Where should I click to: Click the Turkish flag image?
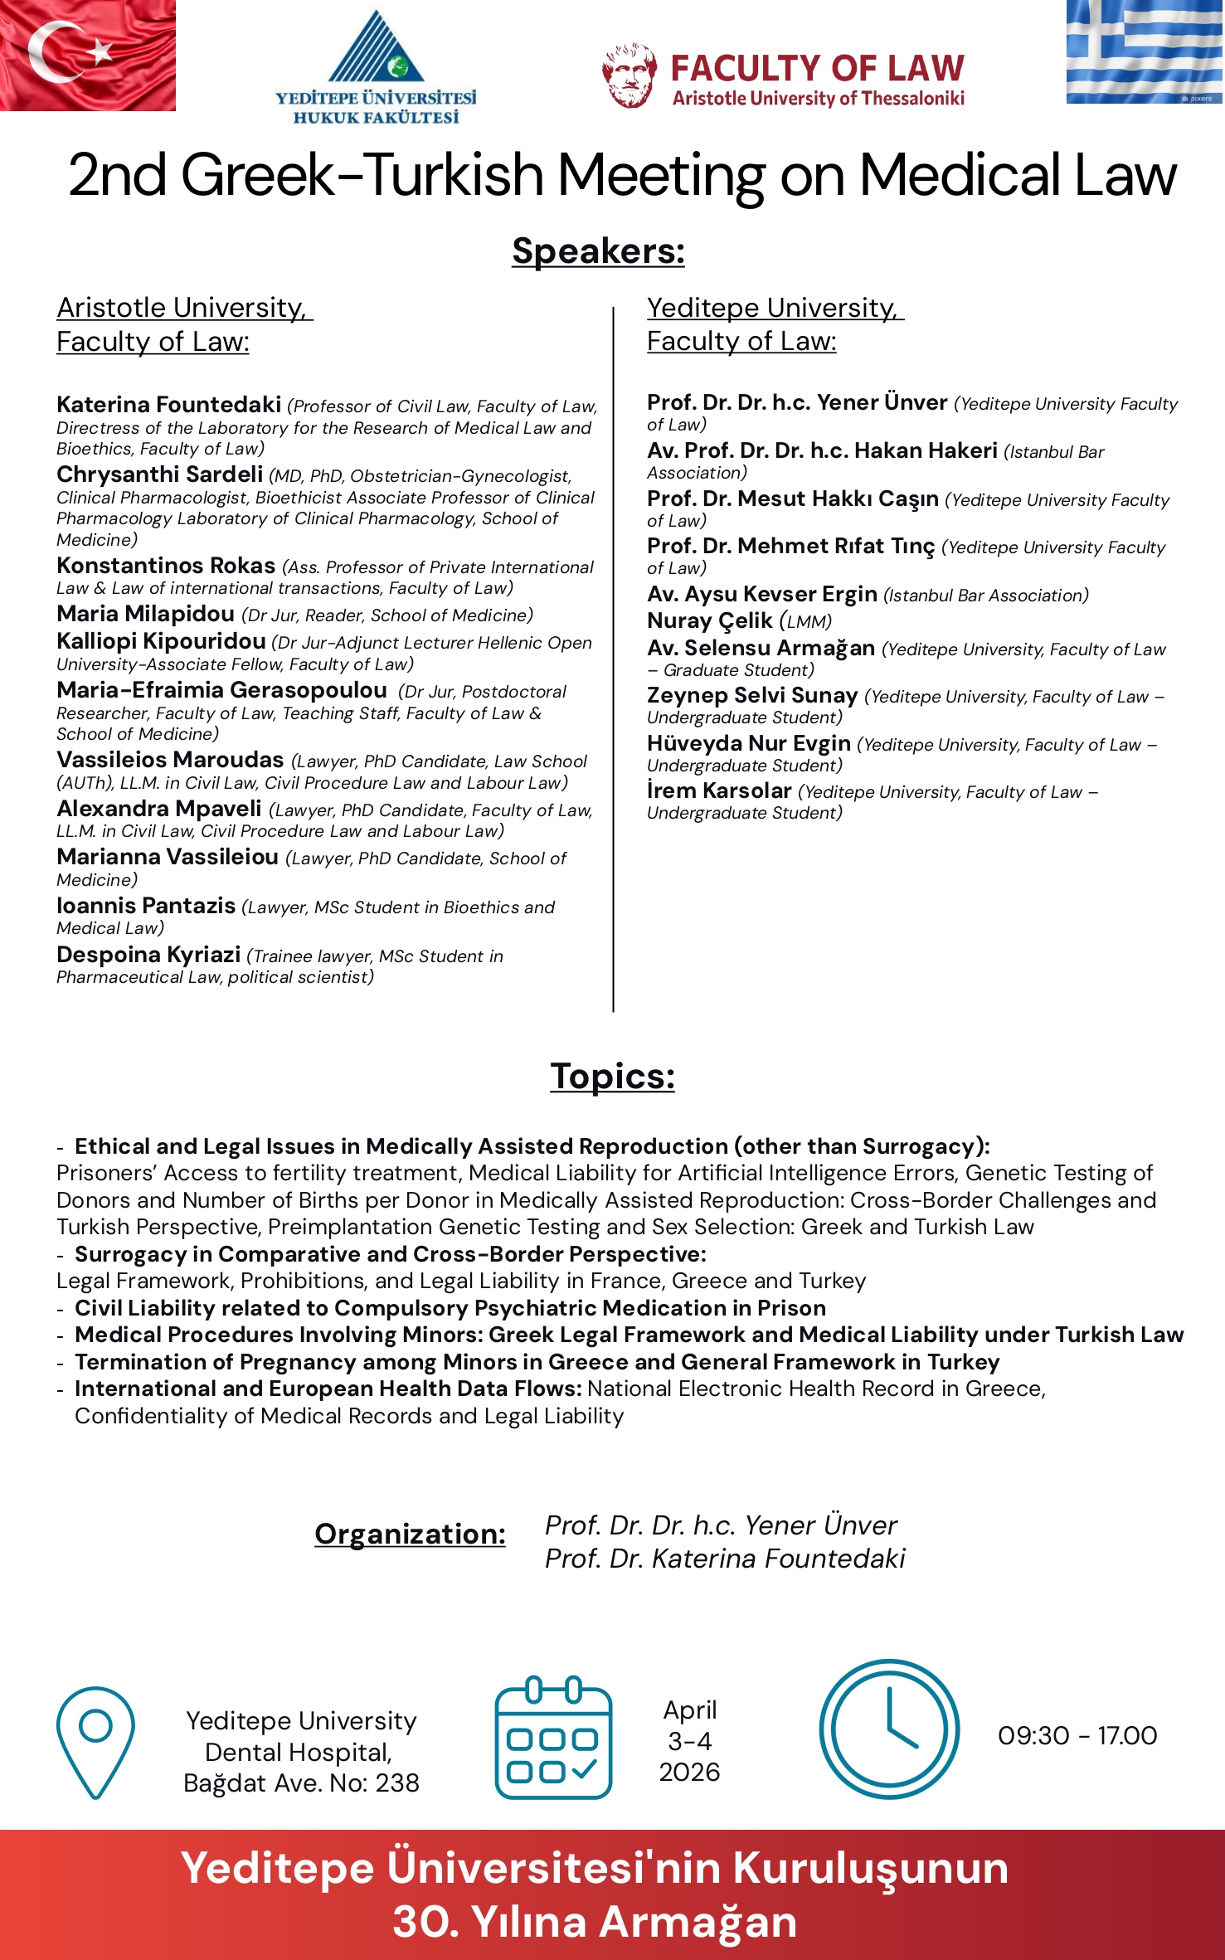click(87, 55)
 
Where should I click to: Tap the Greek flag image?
click(1145, 51)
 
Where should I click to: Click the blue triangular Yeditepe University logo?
click(377, 47)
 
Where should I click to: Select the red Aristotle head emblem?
click(630, 75)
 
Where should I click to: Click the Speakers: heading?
click(598, 250)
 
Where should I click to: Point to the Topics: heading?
click(612, 1076)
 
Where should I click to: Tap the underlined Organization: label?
click(410, 1534)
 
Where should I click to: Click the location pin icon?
click(95, 1742)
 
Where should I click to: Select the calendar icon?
click(553, 1739)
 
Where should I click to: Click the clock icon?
click(889, 1729)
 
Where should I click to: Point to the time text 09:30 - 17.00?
click(1077, 1735)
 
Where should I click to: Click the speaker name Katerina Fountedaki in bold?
click(168, 405)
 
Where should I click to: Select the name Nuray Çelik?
click(710, 620)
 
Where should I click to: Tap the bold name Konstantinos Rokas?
click(166, 566)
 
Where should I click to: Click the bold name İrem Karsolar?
click(719, 790)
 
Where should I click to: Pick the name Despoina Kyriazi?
click(148, 955)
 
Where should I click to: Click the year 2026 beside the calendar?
click(689, 1772)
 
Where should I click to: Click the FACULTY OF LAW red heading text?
click(817, 68)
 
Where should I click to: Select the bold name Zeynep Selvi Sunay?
click(751, 695)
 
